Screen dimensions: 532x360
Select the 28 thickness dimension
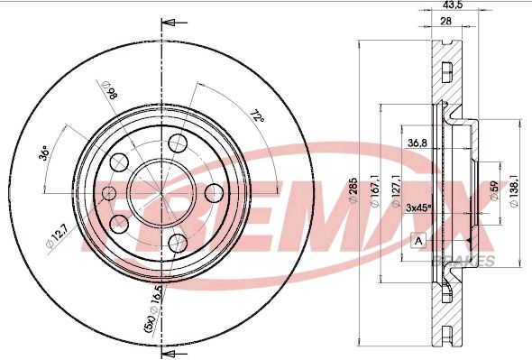(x=445, y=21)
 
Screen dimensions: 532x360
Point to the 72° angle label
(x=257, y=116)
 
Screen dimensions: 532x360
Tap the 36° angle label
(x=44, y=152)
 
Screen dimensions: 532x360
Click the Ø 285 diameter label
(x=353, y=190)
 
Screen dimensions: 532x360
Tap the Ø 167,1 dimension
(x=374, y=191)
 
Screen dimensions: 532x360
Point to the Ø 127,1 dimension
(x=396, y=191)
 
